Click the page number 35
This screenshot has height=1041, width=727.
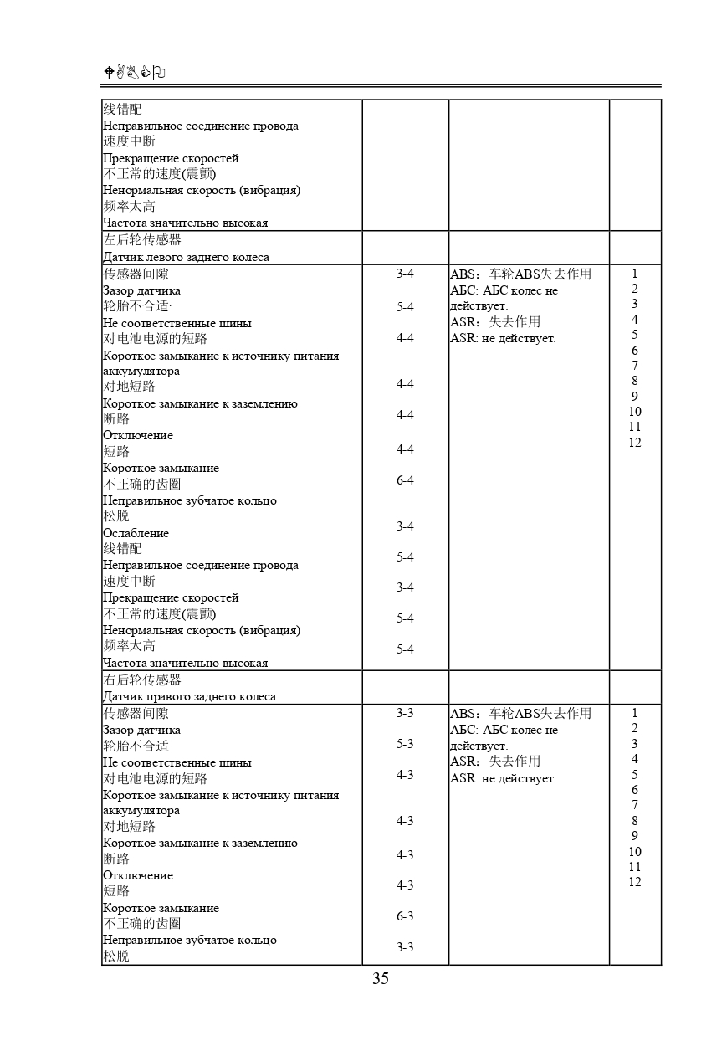381,978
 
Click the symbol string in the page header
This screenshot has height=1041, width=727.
134,73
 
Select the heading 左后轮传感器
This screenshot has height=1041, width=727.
141,240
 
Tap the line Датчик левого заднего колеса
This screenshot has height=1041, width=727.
186,257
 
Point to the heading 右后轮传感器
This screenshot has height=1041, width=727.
141,679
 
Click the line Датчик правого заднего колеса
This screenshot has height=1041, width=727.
189,696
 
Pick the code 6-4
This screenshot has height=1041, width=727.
405,480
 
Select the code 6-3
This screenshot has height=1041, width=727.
405,916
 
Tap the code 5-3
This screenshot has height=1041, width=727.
405,744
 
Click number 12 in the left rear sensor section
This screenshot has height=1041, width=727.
635,443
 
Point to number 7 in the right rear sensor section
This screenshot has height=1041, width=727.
635,805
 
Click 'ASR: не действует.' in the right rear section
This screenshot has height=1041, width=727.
503,778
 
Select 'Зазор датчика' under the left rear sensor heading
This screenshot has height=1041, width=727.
141,290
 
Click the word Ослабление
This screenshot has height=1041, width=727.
136,533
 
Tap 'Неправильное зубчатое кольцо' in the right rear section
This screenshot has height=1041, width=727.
189,940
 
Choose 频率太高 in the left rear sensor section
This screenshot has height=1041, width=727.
129,646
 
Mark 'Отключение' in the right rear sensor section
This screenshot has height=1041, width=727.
138,875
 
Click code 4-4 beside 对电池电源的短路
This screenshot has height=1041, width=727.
405,338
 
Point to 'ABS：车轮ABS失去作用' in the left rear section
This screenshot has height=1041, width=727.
520,274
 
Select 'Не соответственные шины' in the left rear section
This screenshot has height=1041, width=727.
177,323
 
